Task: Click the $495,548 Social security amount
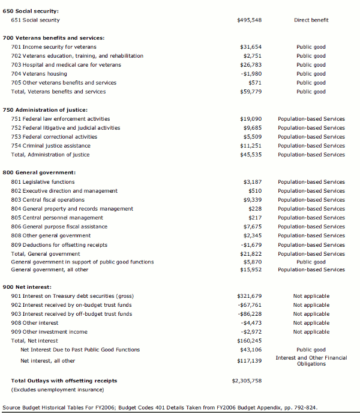coord(249,20)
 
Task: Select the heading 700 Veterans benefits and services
coord(53,38)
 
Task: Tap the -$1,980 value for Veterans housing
coord(251,74)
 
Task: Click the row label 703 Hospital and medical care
coord(66,65)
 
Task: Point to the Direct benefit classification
coord(311,20)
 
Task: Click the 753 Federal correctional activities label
coord(61,137)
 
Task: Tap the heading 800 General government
coord(39,173)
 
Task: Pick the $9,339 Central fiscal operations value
coord(252,200)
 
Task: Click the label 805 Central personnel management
coord(57,218)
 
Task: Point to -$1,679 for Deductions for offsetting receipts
coord(251,245)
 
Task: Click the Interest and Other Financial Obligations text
coord(311,361)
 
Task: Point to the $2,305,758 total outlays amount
coord(247,381)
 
